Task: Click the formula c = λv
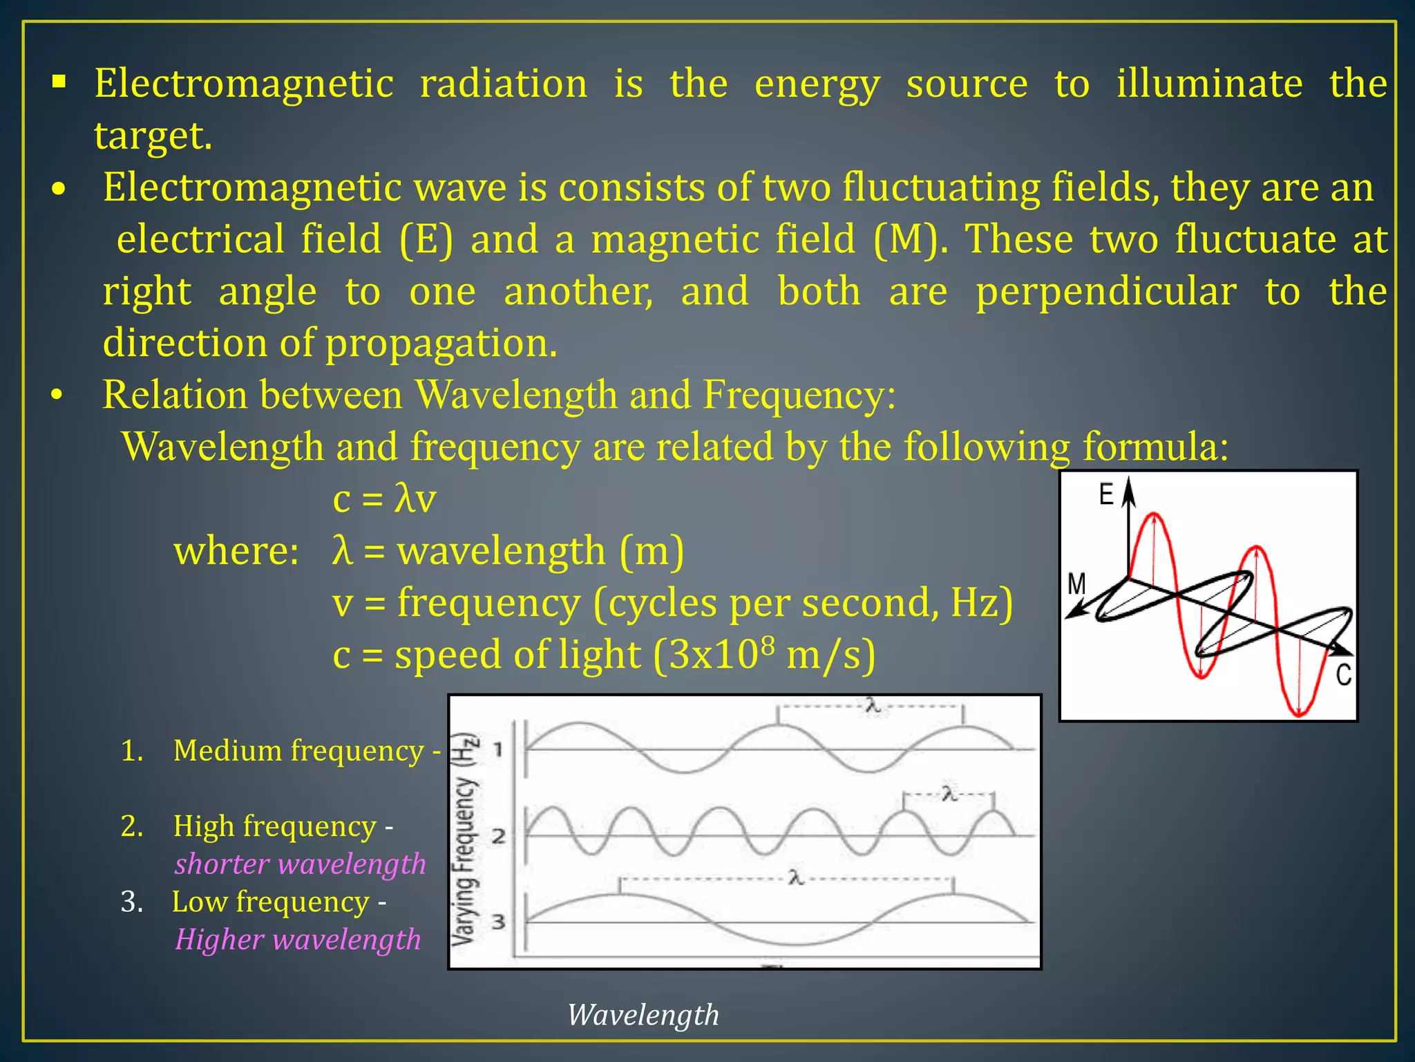pos(384,499)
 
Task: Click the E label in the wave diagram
pos(1106,495)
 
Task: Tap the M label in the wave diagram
pos(1076,584)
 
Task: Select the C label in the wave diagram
pos(1343,675)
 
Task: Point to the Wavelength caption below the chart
pos(643,1015)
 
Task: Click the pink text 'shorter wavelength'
pos(300,864)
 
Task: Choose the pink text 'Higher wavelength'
pos(298,940)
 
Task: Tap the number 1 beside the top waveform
pos(497,749)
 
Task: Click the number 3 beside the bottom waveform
pos(498,922)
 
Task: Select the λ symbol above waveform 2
pos(949,794)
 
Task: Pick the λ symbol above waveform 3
pos(796,878)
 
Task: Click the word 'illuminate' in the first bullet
pos(1209,84)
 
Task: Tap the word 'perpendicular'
pos(1105,292)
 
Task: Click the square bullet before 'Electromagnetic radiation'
pos(59,83)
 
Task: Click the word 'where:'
pos(236,551)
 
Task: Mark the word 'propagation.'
pos(441,344)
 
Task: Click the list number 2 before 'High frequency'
pos(131,826)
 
